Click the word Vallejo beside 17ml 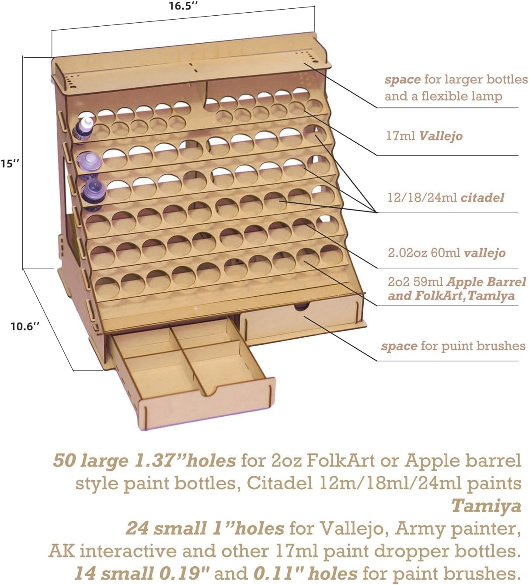tap(441, 136)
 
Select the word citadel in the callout tap(482, 198)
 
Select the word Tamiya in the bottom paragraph tap(487, 506)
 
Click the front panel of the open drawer tap(206, 404)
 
